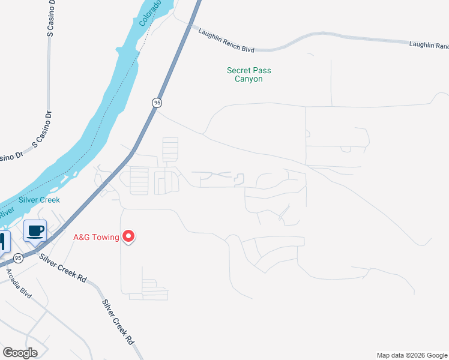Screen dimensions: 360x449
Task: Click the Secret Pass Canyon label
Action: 249,74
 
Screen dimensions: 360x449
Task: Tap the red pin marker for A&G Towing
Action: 128,237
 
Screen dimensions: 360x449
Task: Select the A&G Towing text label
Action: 95,237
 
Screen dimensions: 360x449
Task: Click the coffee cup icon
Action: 35,230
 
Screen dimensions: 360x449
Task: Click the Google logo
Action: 20,353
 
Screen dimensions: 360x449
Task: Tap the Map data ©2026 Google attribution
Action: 412,355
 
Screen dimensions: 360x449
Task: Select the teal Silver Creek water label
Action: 39,200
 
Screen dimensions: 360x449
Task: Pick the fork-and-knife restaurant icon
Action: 3,241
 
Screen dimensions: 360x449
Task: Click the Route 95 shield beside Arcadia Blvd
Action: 19,258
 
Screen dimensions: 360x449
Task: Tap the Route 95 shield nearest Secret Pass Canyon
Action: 157,103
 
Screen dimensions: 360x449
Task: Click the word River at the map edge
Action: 6,212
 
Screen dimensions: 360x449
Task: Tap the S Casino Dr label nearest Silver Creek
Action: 42,130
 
